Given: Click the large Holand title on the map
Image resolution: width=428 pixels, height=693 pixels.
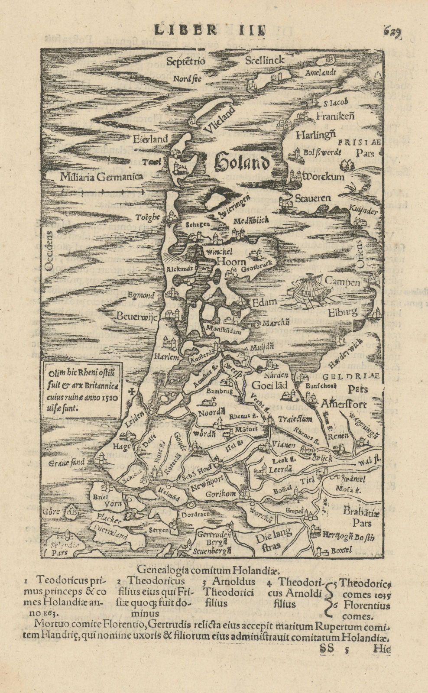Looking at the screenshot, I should pos(242,162).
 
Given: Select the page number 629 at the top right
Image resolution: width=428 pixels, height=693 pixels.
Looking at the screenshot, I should pos(393,32).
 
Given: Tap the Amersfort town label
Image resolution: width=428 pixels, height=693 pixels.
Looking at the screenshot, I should pos(344,404).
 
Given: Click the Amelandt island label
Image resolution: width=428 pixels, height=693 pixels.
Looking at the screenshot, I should pos(321,73).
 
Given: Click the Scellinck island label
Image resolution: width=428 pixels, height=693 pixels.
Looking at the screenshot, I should pos(264,60).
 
